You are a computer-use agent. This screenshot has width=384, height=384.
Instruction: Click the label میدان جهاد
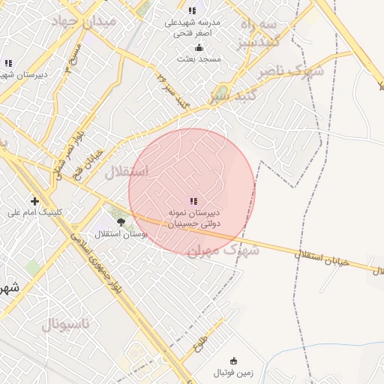[x=83, y=21]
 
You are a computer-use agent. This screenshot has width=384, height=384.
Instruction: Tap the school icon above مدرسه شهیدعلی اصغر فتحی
[x=193, y=10]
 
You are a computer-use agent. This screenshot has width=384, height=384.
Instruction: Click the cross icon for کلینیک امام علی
[x=35, y=201]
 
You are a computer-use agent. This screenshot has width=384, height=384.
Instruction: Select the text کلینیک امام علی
[x=35, y=212]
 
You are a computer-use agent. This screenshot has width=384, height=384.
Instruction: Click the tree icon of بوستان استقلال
[x=121, y=221]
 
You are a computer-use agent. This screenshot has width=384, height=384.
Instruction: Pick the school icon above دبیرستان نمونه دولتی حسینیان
[x=193, y=201]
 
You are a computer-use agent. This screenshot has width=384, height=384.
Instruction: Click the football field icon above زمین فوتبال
[x=233, y=361]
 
